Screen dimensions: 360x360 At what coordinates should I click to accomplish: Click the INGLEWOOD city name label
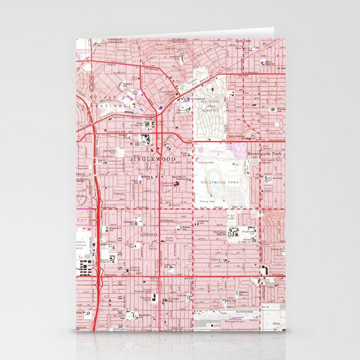tap(154, 158)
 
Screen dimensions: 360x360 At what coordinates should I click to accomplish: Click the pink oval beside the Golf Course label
tap(200, 144)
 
